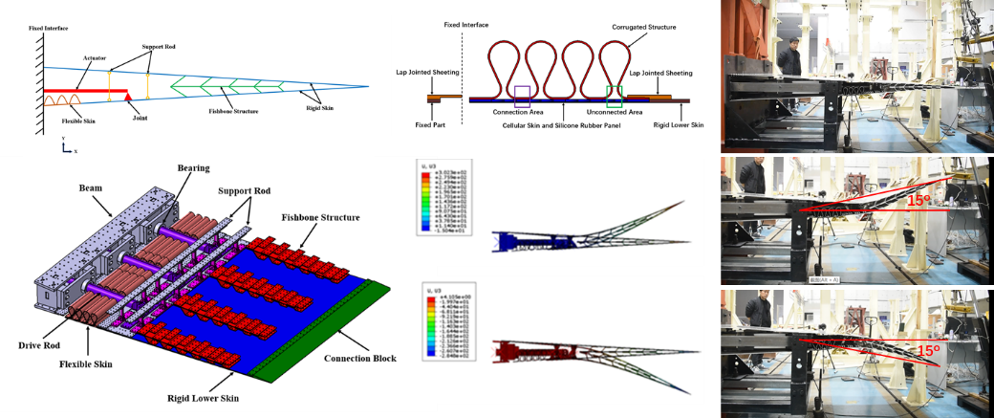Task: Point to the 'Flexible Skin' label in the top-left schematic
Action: pos(65,119)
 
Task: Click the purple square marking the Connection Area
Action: pos(522,95)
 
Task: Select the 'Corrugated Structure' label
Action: pos(644,28)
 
